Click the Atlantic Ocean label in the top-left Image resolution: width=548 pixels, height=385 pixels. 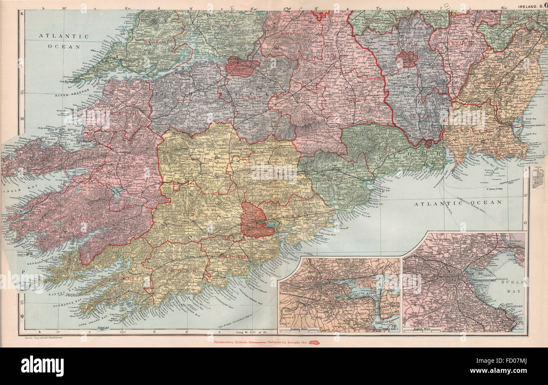(64, 41)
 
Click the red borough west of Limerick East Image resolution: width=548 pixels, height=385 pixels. (242, 67)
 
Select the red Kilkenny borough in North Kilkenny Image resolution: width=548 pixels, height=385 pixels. (406, 59)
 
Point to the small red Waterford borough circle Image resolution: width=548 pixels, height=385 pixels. (429, 143)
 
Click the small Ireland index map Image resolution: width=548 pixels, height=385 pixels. (538, 178)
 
